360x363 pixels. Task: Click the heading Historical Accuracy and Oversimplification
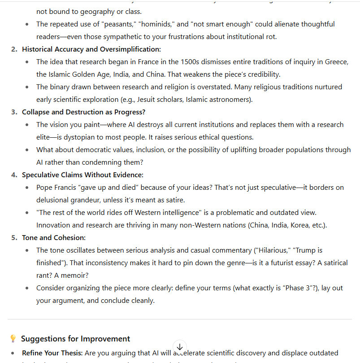91,49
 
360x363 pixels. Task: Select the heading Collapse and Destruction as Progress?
83,112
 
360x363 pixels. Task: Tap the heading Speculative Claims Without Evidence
82,175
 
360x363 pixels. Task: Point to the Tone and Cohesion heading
53,237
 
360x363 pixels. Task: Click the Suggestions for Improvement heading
75,339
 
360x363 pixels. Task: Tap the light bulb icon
13,339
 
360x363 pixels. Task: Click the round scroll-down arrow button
179,347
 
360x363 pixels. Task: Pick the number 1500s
193,61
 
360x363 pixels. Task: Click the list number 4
14,175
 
